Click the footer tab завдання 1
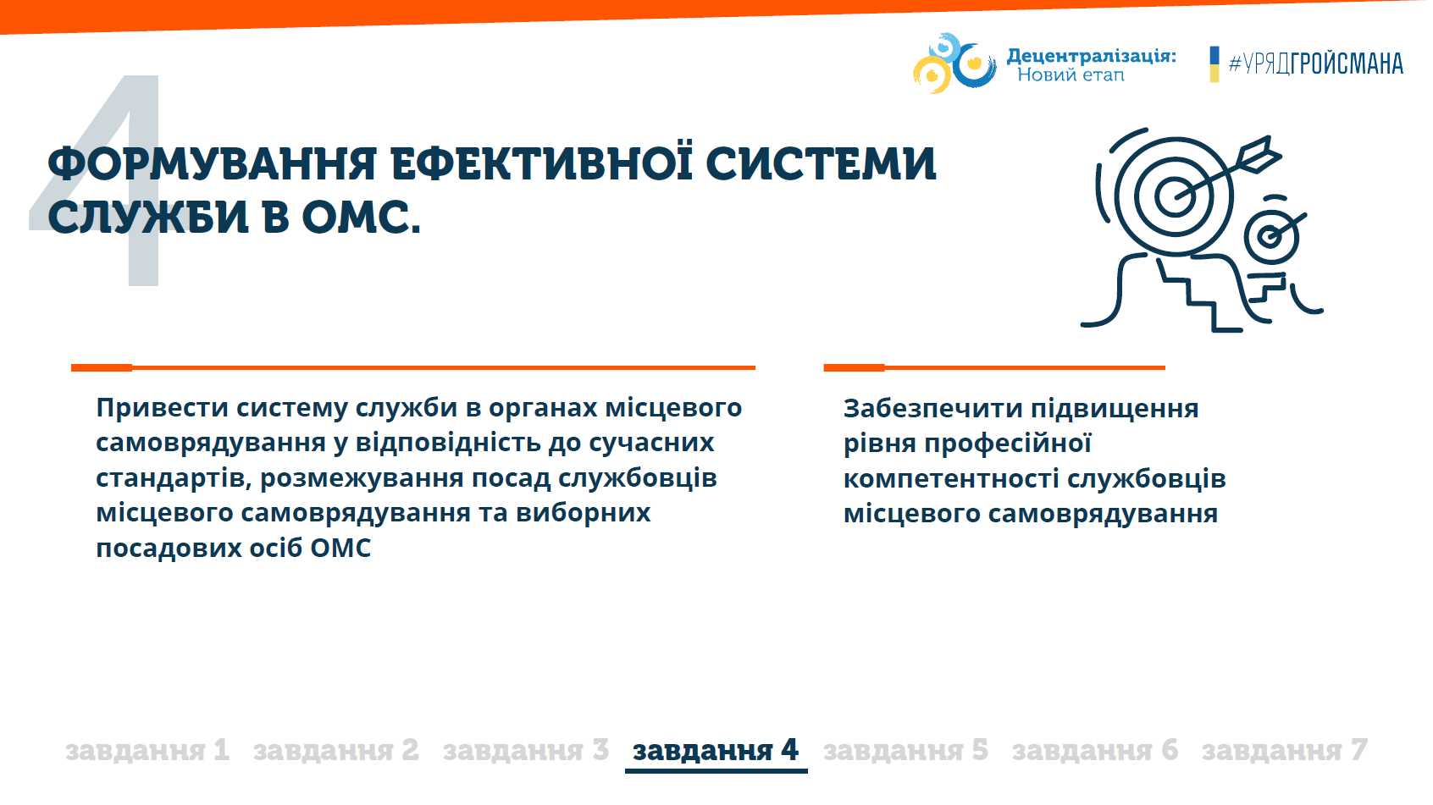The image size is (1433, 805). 147,750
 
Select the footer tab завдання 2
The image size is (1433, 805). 336,750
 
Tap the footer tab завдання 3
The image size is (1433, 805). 526,750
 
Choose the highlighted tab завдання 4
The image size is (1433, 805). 716,750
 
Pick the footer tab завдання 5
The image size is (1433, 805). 906,750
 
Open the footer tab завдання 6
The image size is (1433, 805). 1095,750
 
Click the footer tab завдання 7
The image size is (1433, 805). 1285,750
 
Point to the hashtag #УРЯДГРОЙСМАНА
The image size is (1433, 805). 1316,64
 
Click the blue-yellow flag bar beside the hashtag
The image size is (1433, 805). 1214,64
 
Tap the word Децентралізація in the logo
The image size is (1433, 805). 1092,56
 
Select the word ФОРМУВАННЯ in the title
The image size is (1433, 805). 213,163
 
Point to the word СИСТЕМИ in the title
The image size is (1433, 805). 822,163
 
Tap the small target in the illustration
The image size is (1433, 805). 1272,235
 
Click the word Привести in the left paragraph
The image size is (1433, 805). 163,408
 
